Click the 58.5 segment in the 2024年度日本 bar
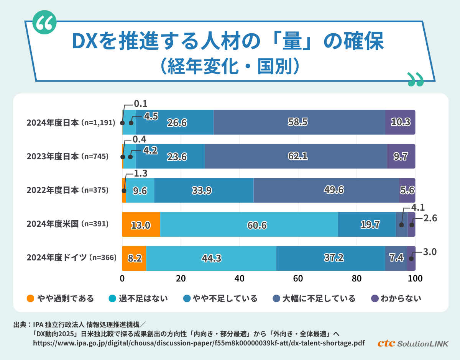tap(299, 122)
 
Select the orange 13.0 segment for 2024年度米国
tap(141, 224)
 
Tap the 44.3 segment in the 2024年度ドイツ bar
tap(211, 259)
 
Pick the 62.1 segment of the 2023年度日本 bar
tap(296, 156)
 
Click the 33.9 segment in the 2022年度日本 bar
tap(204, 190)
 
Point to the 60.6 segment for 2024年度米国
tap(249, 224)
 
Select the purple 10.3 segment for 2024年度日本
tap(400, 122)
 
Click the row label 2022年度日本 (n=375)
tap(67, 190)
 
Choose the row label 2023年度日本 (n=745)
tap(67, 157)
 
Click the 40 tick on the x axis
tap(240, 278)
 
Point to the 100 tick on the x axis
tap(415, 278)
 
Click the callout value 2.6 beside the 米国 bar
tap(429, 218)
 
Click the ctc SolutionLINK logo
tap(412, 343)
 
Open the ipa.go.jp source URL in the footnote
tap(199, 343)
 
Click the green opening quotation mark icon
tap(44, 23)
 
